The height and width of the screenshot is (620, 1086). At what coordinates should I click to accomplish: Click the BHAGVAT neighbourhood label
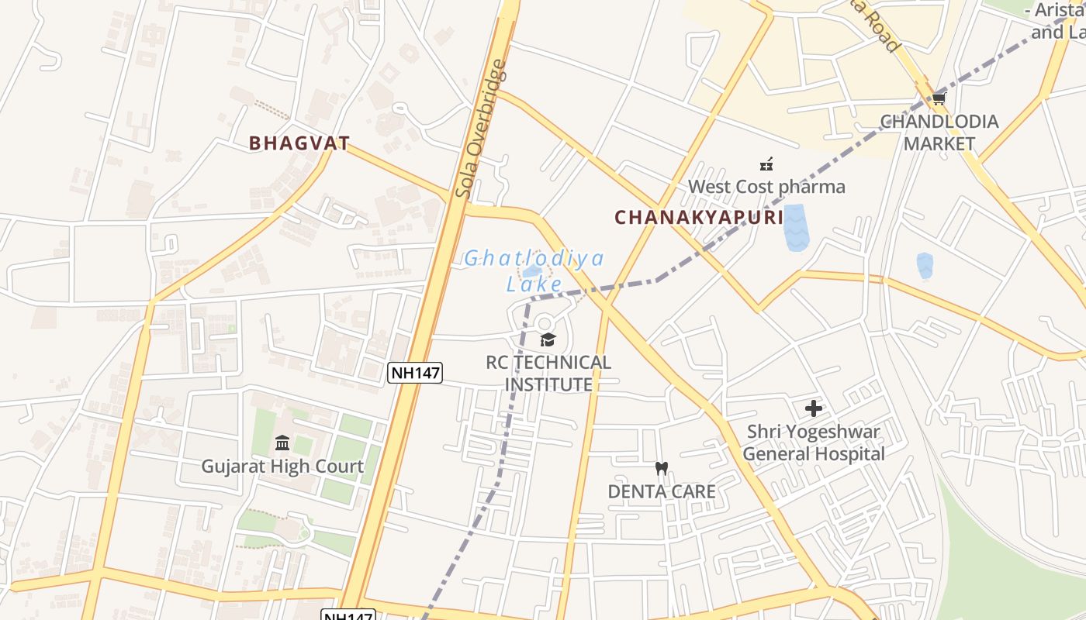pyautogui.click(x=299, y=143)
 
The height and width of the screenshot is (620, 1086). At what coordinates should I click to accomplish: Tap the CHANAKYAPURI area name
pyautogui.click(x=699, y=217)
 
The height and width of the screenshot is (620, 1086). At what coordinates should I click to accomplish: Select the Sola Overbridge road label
pyautogui.click(x=481, y=129)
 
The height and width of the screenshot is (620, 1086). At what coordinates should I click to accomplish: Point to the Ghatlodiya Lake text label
pyautogui.click(x=534, y=270)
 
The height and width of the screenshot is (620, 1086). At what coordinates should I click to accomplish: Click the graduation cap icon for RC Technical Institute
pyautogui.click(x=548, y=339)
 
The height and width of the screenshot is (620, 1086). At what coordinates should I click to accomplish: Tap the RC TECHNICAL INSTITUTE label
pyautogui.click(x=548, y=374)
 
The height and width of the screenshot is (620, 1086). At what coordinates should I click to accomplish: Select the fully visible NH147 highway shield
pyautogui.click(x=415, y=373)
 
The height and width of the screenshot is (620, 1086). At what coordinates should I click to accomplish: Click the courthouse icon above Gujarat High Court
pyautogui.click(x=282, y=443)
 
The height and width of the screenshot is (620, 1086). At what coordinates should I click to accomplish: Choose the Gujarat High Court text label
pyautogui.click(x=282, y=467)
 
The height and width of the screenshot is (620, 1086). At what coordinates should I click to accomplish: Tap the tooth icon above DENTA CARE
pyautogui.click(x=662, y=468)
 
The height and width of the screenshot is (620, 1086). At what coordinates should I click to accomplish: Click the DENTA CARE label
pyautogui.click(x=662, y=491)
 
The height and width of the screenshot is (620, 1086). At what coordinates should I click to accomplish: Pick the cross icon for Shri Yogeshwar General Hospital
pyautogui.click(x=814, y=408)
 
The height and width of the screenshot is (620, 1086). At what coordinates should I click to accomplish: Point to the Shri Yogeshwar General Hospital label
pyautogui.click(x=814, y=443)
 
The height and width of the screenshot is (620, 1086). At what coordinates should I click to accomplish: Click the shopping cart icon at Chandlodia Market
pyautogui.click(x=939, y=98)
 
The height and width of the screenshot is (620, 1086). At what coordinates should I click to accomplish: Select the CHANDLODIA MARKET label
pyautogui.click(x=939, y=133)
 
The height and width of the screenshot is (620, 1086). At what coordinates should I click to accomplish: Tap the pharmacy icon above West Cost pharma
pyautogui.click(x=766, y=164)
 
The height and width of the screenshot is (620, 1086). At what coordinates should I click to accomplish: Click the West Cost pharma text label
pyautogui.click(x=766, y=187)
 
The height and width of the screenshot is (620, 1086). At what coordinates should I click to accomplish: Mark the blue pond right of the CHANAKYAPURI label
pyautogui.click(x=795, y=227)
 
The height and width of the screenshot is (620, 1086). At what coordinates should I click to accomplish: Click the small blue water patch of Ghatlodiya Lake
pyautogui.click(x=532, y=271)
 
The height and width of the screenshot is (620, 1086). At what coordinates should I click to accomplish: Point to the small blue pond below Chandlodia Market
pyautogui.click(x=925, y=265)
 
